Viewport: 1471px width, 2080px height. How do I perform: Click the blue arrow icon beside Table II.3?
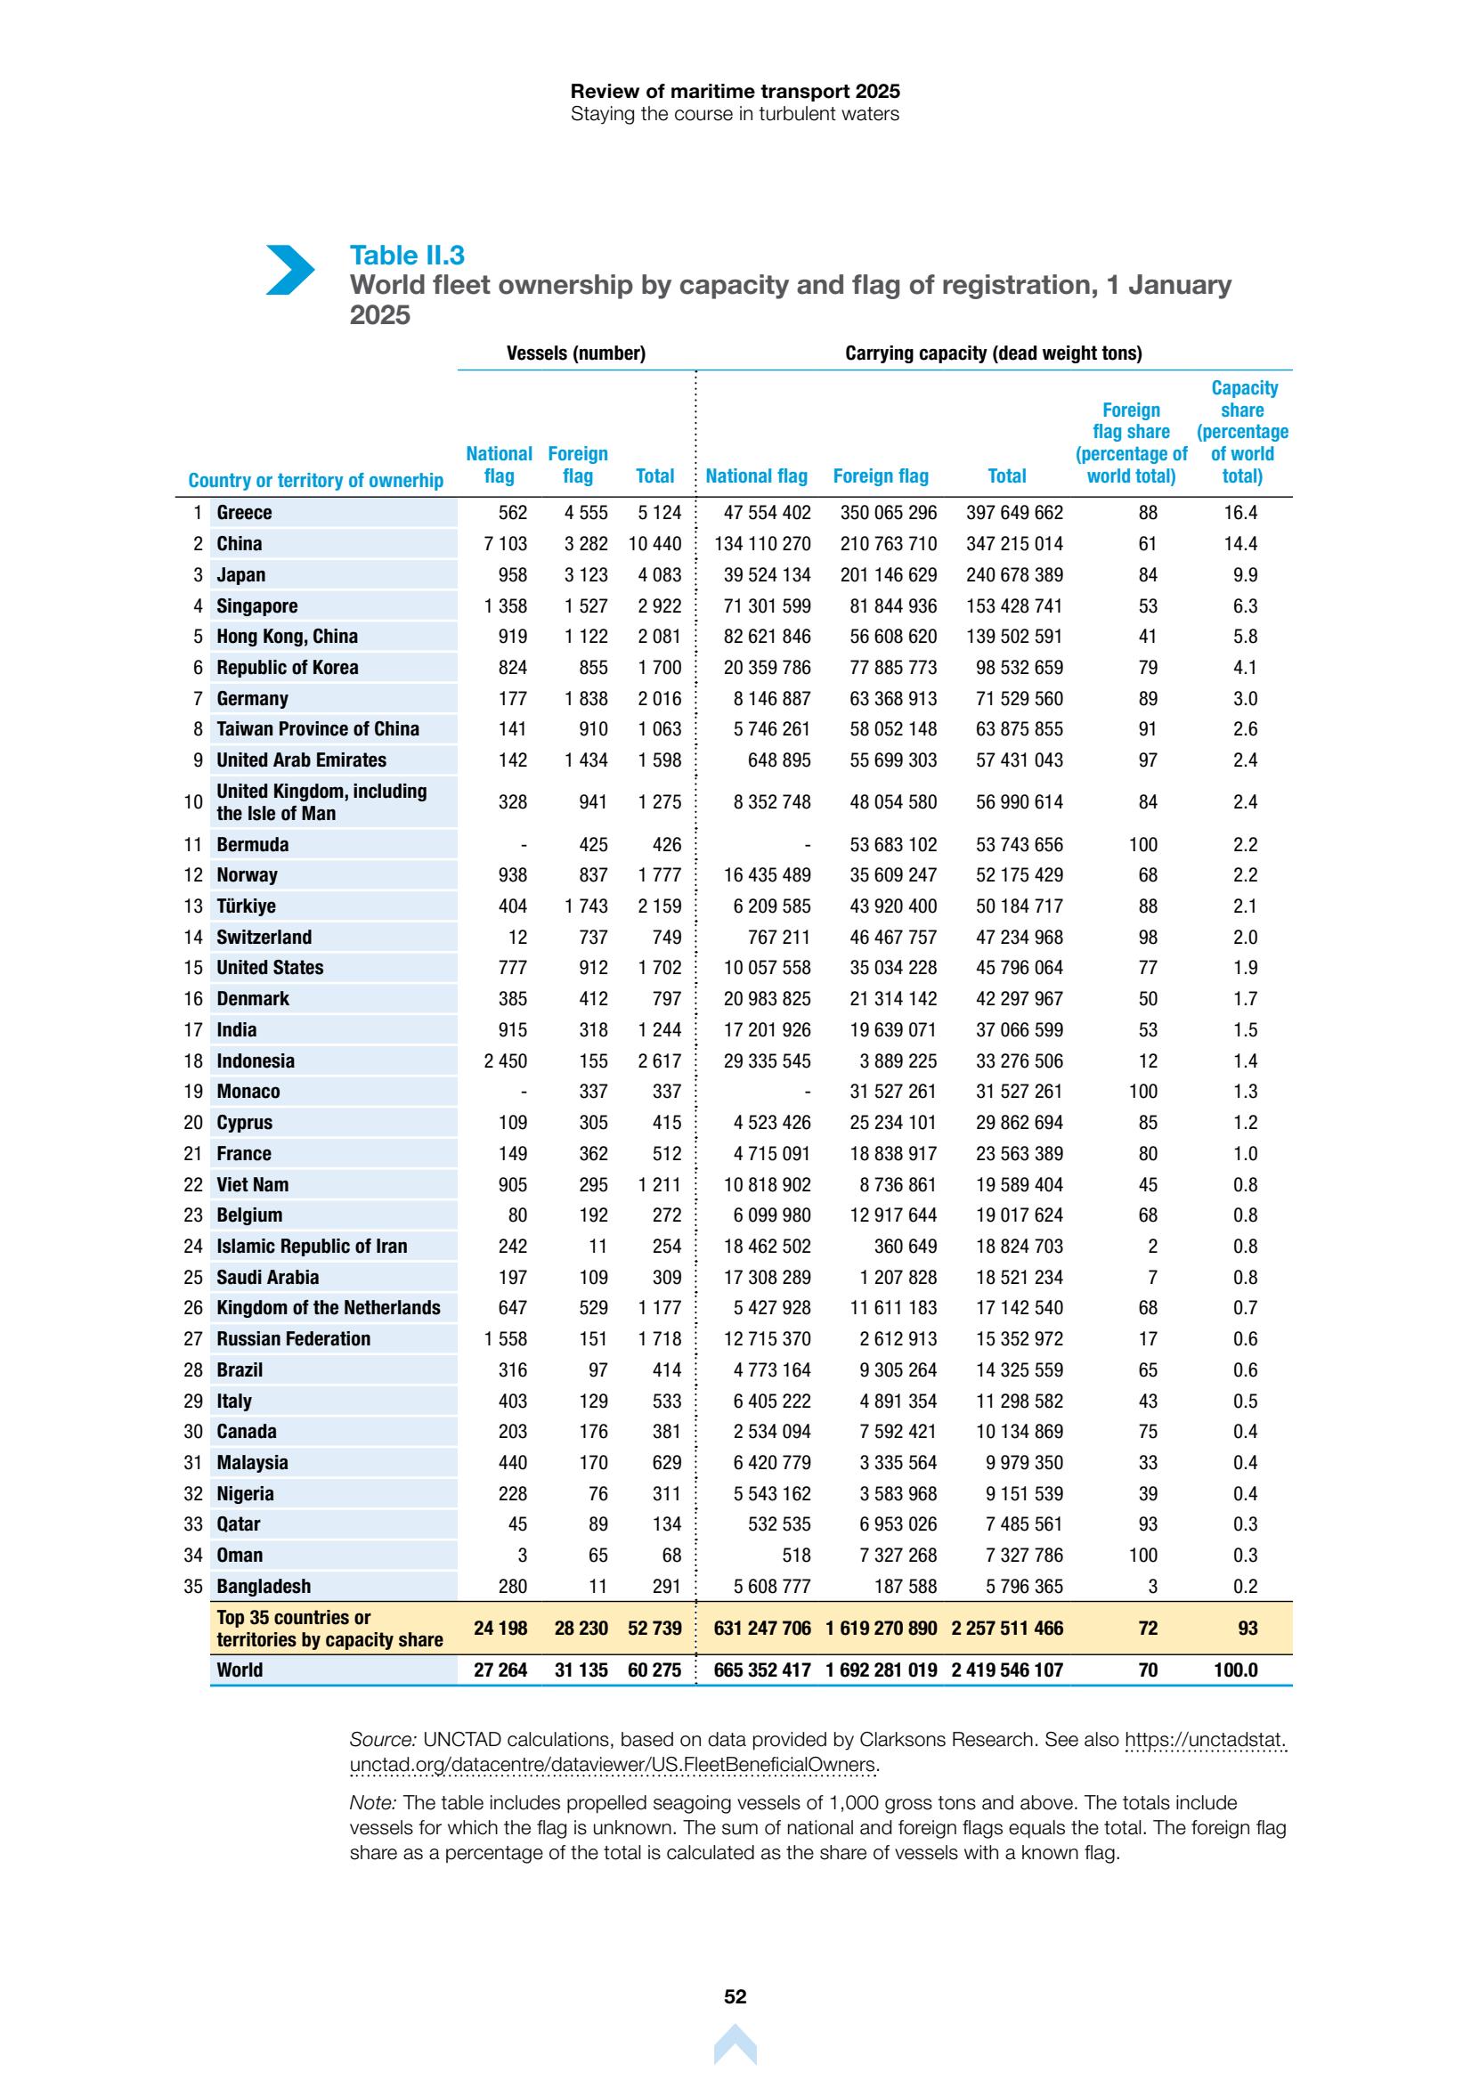point(290,270)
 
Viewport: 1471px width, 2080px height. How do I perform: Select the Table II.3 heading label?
point(407,256)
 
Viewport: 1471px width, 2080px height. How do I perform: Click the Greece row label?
point(245,513)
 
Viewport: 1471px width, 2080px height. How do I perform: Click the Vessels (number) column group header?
point(575,353)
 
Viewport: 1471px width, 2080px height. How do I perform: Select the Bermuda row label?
point(253,844)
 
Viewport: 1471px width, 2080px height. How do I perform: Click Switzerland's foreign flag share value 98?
point(1148,938)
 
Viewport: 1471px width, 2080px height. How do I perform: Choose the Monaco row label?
point(248,1092)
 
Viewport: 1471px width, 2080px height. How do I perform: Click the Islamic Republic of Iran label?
point(312,1247)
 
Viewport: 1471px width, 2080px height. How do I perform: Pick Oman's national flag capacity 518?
point(795,1556)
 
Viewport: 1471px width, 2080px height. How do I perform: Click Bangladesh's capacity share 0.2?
point(1245,1587)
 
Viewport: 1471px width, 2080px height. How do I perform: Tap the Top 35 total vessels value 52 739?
point(654,1628)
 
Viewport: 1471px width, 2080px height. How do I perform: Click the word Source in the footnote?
point(382,1739)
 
